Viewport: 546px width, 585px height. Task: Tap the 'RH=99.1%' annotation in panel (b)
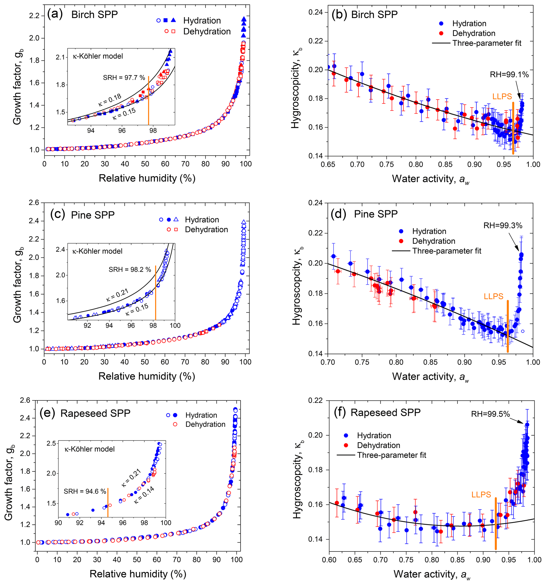coord(509,75)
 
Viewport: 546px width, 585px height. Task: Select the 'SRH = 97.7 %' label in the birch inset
coord(124,78)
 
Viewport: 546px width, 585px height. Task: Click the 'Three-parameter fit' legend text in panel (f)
coord(391,455)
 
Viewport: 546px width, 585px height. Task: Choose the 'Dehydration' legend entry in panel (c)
coord(206,230)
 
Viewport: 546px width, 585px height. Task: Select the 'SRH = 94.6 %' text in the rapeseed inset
coord(85,491)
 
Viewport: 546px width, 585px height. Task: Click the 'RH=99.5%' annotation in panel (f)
coord(490,414)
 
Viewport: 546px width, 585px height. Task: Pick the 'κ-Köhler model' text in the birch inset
coord(98,56)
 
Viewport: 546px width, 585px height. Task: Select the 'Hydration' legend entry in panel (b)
coord(469,24)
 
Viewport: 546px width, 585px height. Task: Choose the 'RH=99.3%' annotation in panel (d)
coord(503,226)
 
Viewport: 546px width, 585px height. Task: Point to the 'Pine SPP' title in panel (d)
coord(376,214)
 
